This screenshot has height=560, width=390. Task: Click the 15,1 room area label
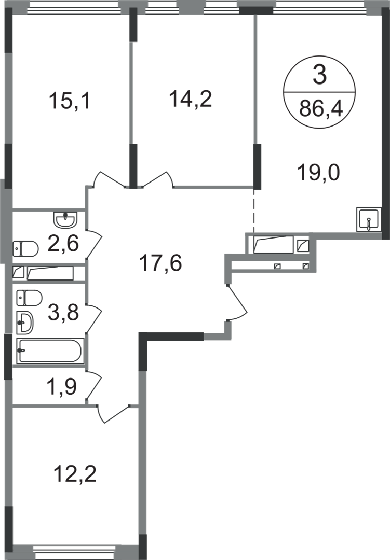[70, 101]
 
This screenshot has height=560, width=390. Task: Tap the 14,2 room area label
[191, 99]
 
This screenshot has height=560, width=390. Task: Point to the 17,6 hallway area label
[160, 263]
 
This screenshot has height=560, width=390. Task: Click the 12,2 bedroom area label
[75, 474]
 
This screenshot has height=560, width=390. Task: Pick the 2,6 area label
[63, 244]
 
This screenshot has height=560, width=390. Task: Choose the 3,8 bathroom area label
[63, 313]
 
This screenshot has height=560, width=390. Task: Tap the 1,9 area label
[62, 387]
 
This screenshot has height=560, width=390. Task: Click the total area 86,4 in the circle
[321, 108]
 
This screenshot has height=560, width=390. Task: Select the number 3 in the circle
[319, 75]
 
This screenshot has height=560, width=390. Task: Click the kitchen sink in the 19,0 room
[368, 220]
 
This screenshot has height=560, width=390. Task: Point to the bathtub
[50, 351]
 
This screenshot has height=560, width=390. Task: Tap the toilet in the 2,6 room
[25, 249]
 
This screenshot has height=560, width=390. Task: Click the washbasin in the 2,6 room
[65, 219]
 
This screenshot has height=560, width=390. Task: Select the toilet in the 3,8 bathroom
[29, 298]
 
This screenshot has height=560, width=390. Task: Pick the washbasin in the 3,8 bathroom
[25, 323]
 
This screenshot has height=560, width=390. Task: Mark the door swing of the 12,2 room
[113, 414]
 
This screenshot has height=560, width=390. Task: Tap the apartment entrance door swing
[237, 302]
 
